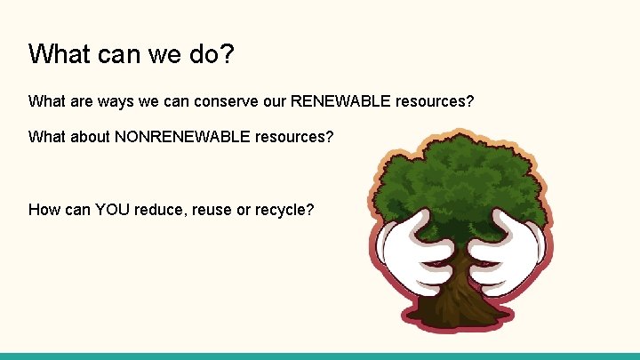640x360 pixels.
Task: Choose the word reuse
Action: coord(213,210)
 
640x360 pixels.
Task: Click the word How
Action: coord(44,210)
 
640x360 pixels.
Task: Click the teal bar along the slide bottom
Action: coord(320,356)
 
